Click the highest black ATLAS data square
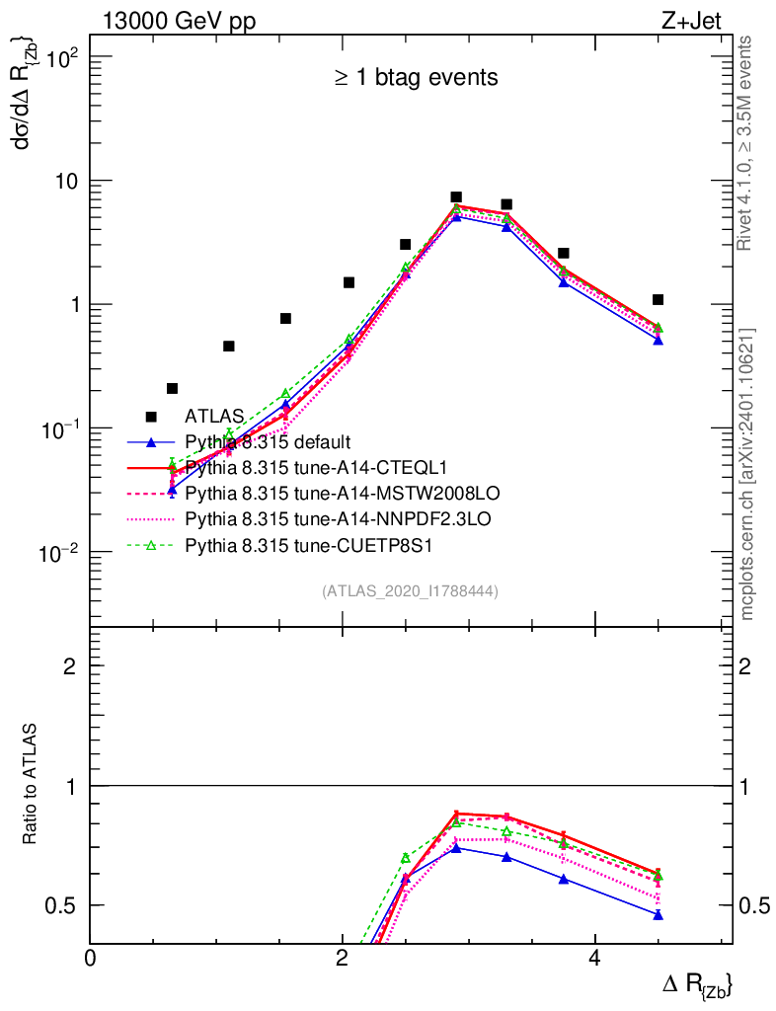(456, 197)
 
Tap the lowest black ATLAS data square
(172, 388)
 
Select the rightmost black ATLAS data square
(658, 299)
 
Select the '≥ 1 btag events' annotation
(415, 77)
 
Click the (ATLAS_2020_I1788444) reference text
(410, 591)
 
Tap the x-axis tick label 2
(342, 959)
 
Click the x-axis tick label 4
(594, 959)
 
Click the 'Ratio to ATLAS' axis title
(31, 785)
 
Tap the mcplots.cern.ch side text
(746, 474)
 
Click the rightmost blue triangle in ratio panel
(658, 915)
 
